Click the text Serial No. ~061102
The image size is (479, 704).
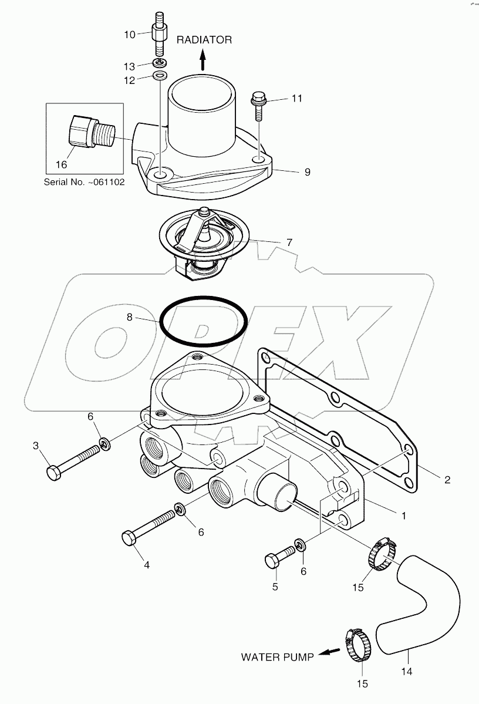point(84,182)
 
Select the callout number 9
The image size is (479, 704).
point(307,172)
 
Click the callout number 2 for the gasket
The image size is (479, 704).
point(447,480)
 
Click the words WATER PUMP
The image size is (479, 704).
point(276,657)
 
